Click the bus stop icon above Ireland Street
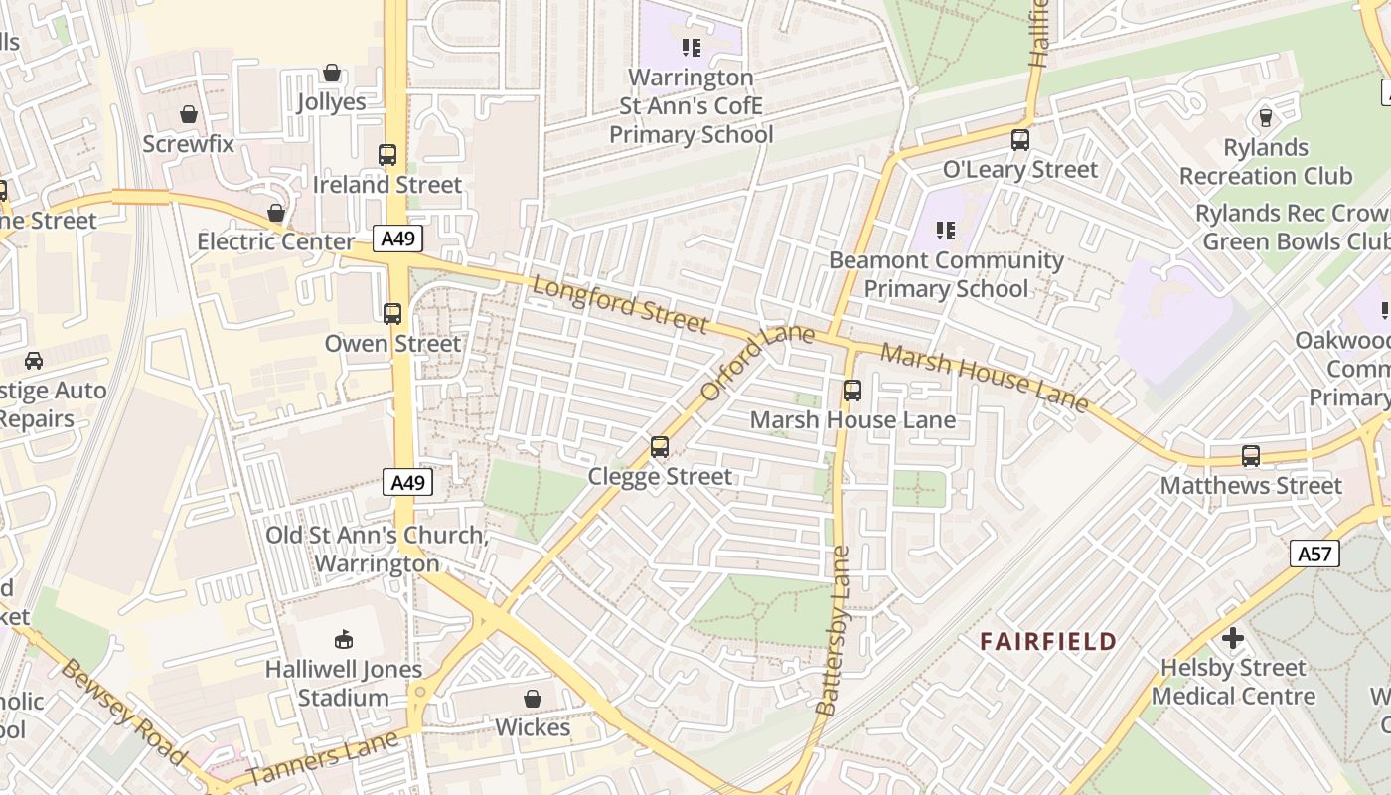(x=387, y=155)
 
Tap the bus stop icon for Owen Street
(x=392, y=314)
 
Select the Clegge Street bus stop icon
(x=660, y=447)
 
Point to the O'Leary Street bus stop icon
(x=1020, y=140)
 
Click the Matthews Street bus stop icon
(x=1251, y=456)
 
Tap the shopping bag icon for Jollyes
(x=332, y=74)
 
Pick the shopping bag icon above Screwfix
(x=189, y=115)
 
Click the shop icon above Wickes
(x=533, y=699)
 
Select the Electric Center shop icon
(x=276, y=213)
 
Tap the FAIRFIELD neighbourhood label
(x=1048, y=641)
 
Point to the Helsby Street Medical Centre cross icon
(x=1233, y=638)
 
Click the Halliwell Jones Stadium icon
(x=343, y=639)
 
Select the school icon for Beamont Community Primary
(x=945, y=231)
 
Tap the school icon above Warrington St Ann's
(x=692, y=48)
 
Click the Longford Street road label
(x=621, y=304)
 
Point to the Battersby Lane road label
(x=832, y=631)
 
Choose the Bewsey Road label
(x=124, y=712)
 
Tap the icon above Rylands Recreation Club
(x=1265, y=118)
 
